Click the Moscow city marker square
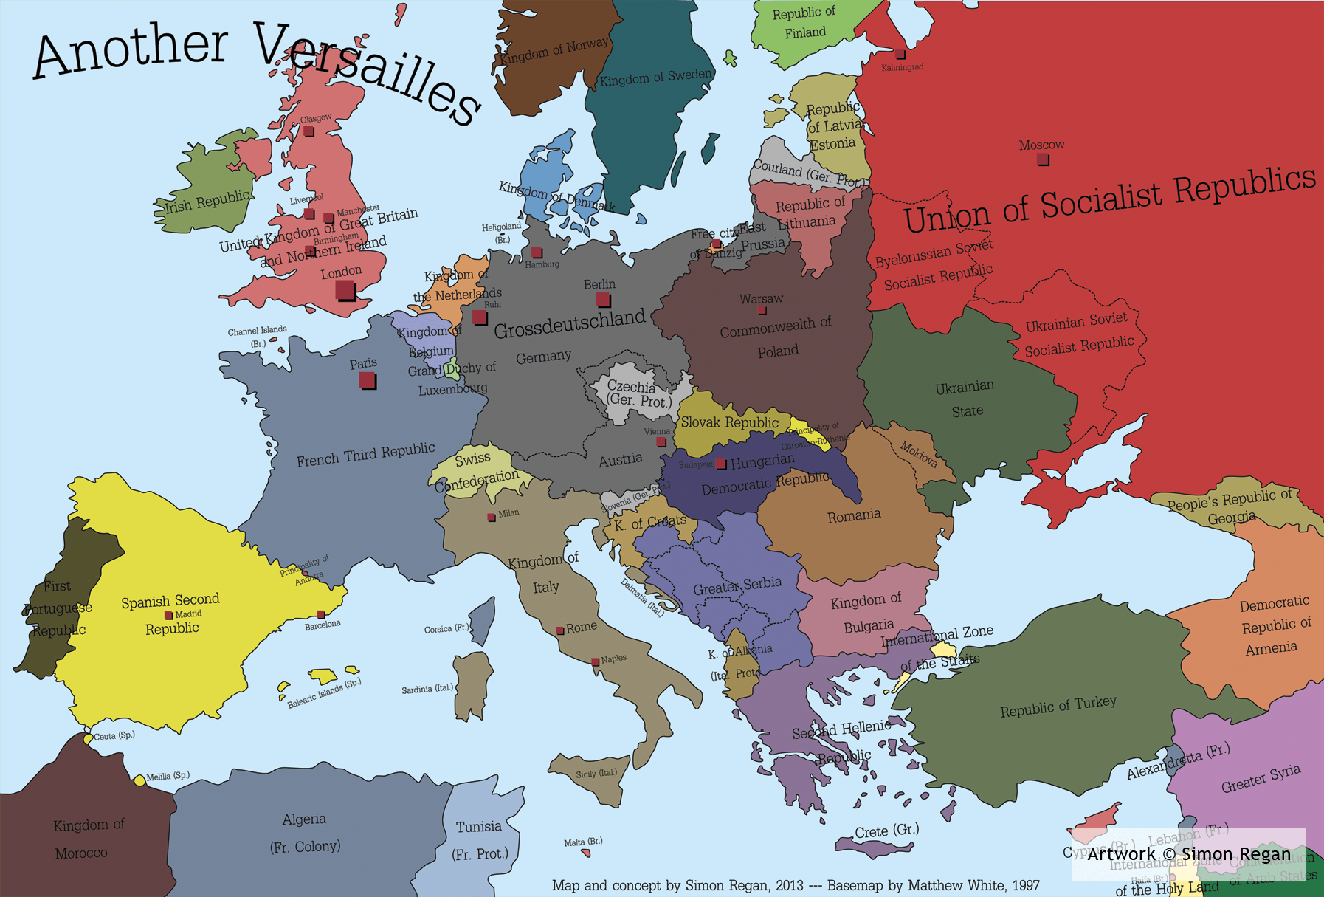[1043, 159]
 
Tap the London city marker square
[345, 290]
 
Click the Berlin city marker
[603, 300]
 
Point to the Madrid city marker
[168, 615]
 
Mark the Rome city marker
[560, 630]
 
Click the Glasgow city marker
[308, 131]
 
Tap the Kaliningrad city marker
[900, 54]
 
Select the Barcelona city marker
[320, 614]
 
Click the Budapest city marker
[721, 464]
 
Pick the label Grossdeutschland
[569, 323]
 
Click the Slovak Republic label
[729, 422]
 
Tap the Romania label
[854, 515]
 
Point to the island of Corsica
[482, 620]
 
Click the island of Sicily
[601, 780]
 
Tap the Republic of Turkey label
[1058, 707]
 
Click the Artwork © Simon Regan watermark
[1188, 854]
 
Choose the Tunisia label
[478, 826]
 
